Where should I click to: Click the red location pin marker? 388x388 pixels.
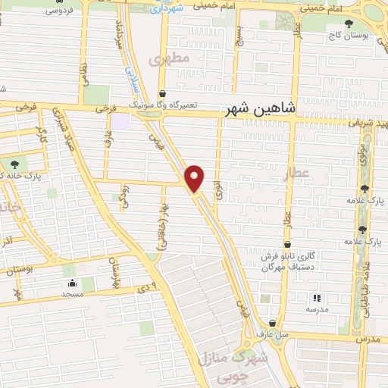[x=196, y=178]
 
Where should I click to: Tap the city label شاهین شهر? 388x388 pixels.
[x=258, y=111]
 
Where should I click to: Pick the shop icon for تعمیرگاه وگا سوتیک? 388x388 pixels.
[x=162, y=95]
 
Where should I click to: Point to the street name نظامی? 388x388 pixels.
[x=83, y=75]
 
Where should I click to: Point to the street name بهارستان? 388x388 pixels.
[x=114, y=270]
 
